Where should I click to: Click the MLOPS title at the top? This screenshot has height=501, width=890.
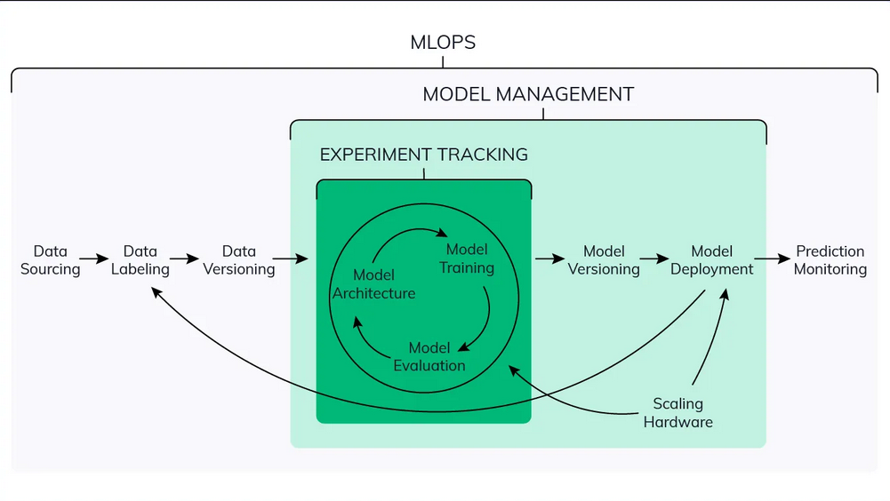point(444,42)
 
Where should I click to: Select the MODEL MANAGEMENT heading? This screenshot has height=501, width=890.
point(528,94)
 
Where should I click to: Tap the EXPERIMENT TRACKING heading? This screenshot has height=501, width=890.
point(423,155)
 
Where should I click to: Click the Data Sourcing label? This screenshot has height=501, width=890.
point(50,260)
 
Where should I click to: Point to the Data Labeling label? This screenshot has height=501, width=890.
point(140,260)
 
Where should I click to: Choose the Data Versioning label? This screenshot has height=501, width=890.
point(238,260)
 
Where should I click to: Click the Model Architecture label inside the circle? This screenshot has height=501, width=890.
point(373,284)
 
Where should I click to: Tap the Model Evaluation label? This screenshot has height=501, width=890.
point(429,356)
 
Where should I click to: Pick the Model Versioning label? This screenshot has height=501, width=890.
point(604,260)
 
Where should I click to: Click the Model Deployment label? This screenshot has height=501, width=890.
point(711,260)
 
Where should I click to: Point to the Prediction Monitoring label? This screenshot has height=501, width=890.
point(830,260)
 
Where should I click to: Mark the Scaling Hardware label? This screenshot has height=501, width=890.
point(678,413)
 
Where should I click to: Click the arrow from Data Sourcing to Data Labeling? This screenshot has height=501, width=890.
point(94,260)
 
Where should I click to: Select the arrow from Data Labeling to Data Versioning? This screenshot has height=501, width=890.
point(185,260)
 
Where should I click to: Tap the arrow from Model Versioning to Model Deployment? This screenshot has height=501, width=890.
point(655,259)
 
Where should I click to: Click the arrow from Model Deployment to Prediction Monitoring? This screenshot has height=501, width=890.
point(773,259)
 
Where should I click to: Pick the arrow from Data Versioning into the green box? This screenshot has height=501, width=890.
point(291,259)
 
